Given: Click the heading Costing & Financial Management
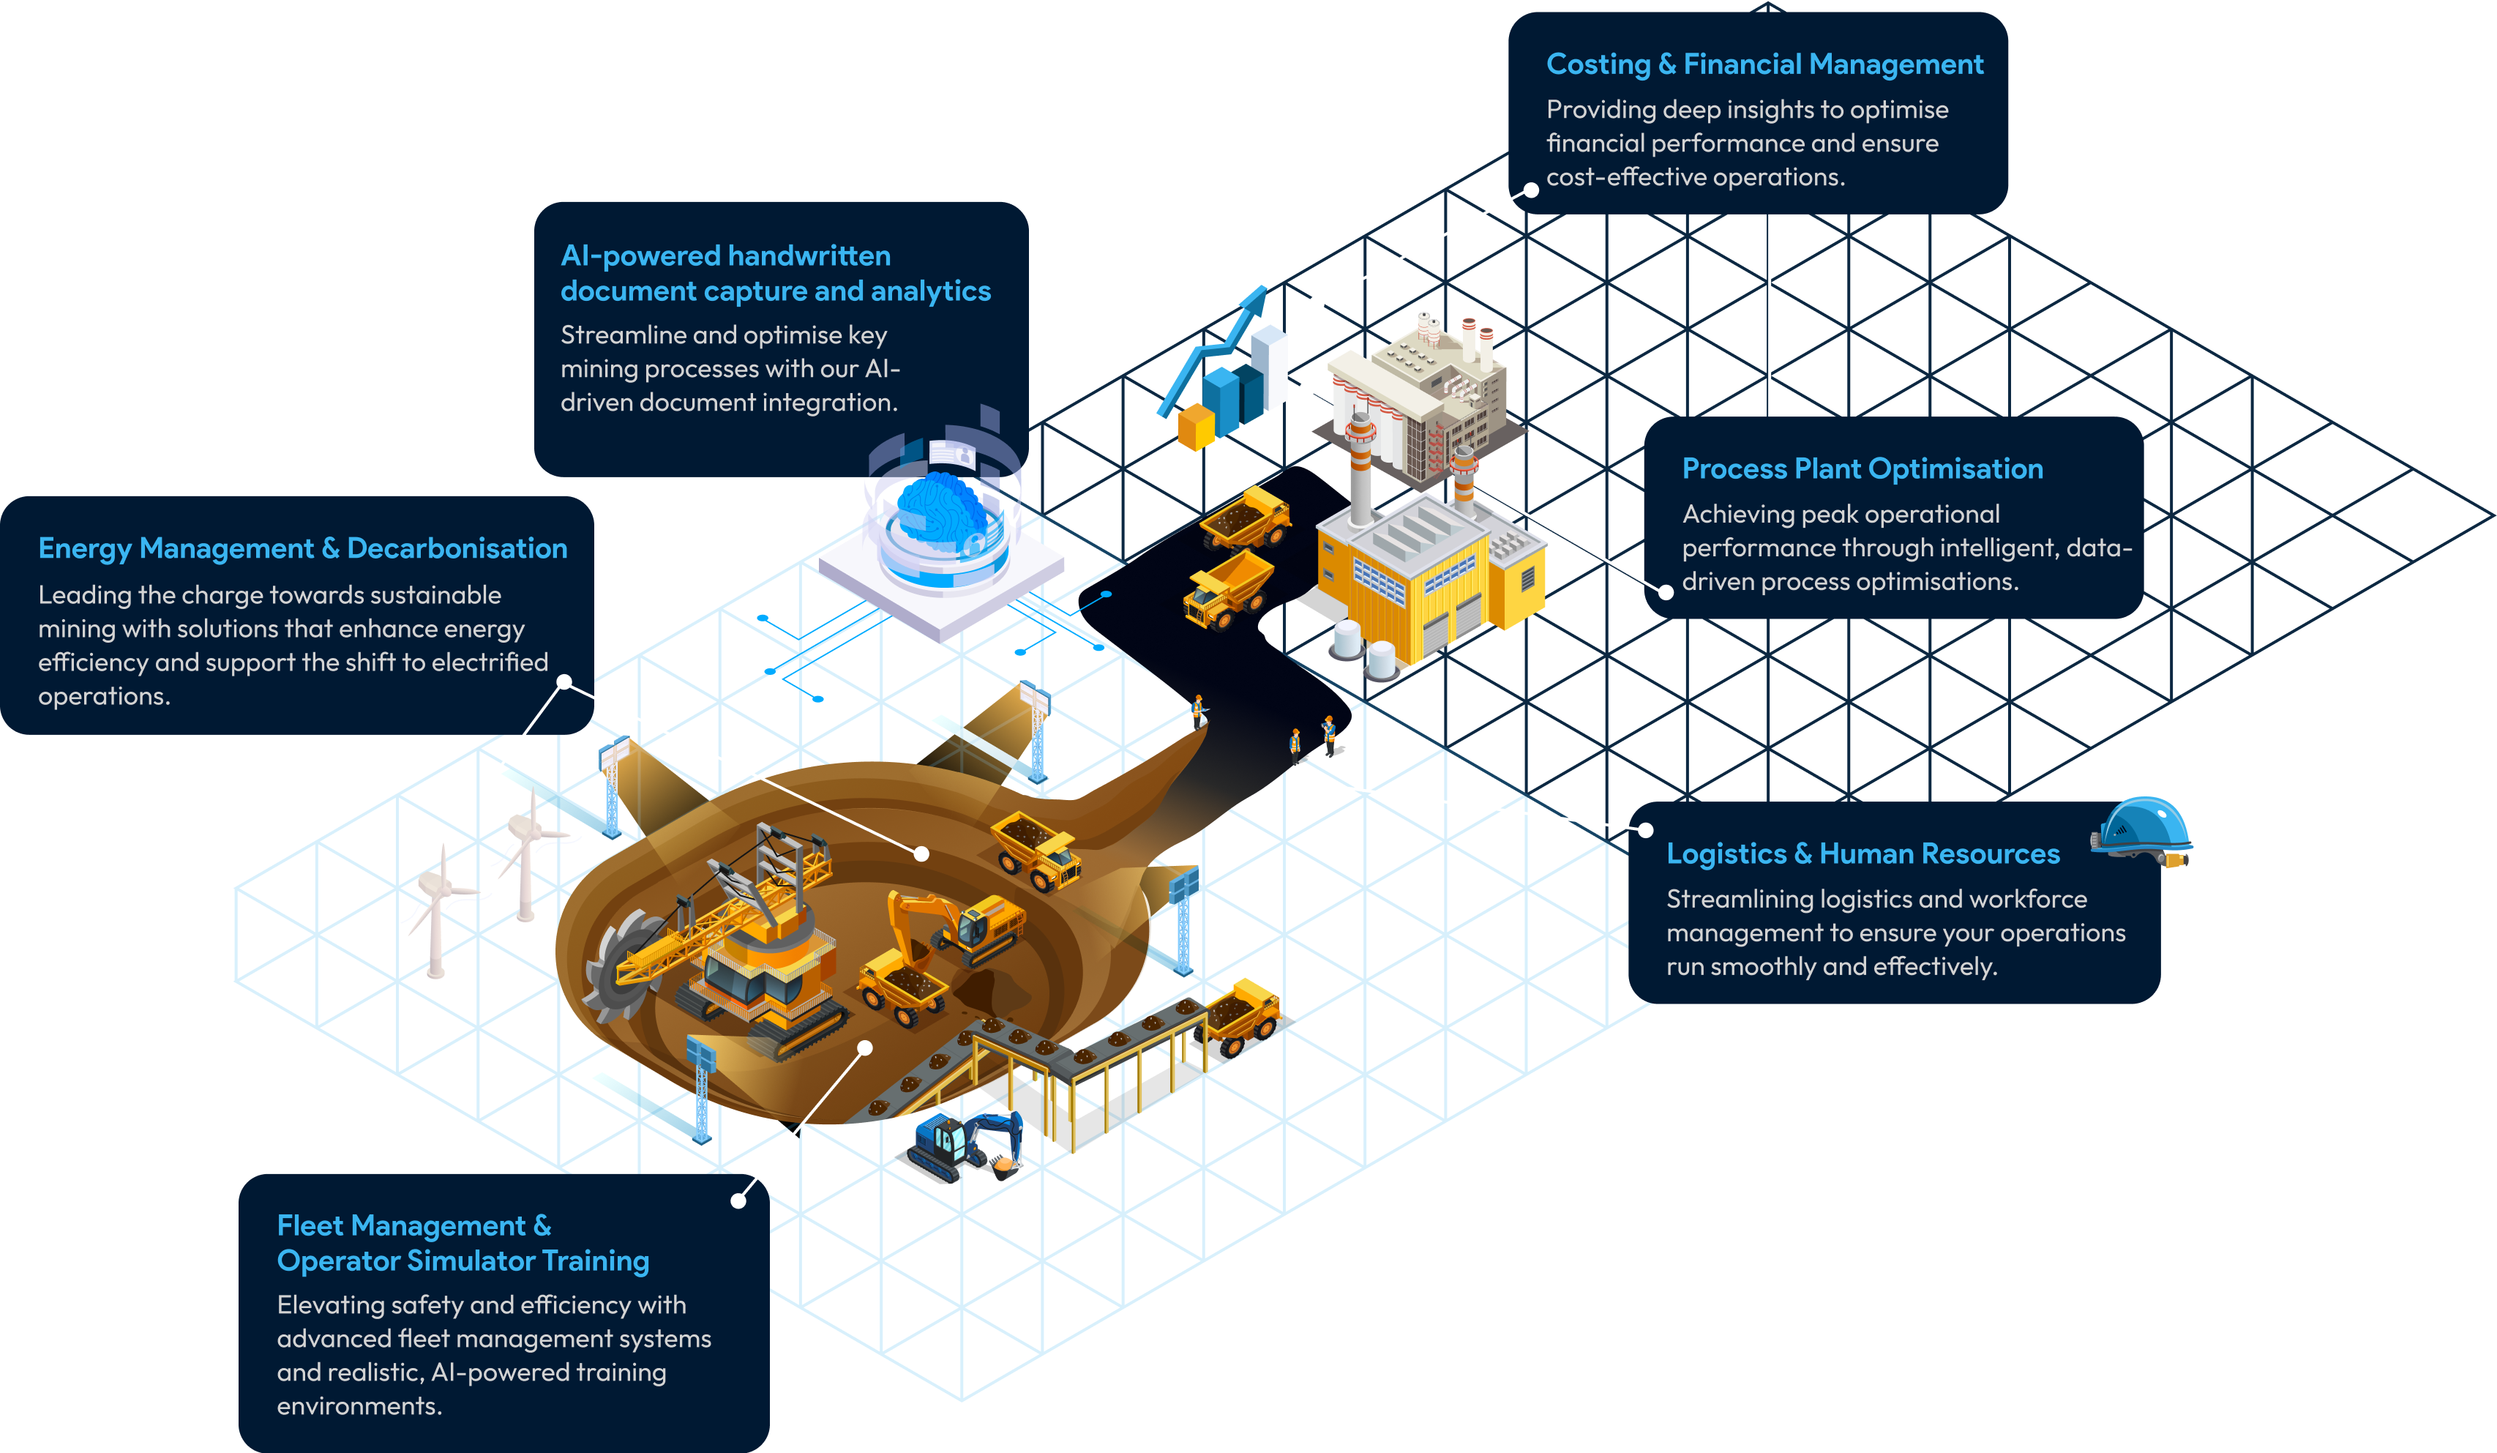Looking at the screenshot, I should tap(1764, 64).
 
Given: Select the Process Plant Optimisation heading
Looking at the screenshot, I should tap(1862, 468).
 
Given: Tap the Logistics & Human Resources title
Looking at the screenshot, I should tap(1862, 854).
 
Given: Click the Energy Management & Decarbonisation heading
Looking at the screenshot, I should tap(302, 548).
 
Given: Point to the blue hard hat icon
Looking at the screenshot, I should tap(2142, 831).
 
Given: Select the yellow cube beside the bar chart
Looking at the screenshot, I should tap(1196, 429).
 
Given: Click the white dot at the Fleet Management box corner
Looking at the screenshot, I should tap(738, 1200).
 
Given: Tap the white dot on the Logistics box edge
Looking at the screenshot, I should tap(1645, 829).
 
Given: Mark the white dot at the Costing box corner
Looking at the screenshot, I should tap(1531, 190).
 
